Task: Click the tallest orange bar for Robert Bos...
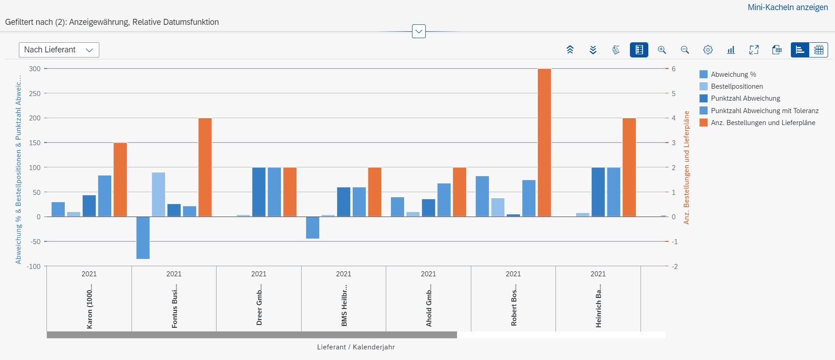[x=544, y=143]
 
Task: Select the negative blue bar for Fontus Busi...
[x=143, y=238]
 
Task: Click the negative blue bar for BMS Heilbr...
[x=313, y=228]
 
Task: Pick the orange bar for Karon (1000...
[x=120, y=180]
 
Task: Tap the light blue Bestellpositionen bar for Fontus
[x=159, y=194]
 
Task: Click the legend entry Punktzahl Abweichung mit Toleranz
[x=764, y=111]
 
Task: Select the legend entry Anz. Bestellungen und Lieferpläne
[x=762, y=123]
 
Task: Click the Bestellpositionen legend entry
[x=736, y=86]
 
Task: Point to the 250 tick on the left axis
[x=35, y=93]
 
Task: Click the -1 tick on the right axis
[x=674, y=242]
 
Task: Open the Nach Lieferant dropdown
[x=59, y=50]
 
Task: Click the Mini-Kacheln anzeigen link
[x=787, y=7]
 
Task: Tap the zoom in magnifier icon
[x=662, y=50]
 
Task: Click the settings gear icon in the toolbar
[x=708, y=50]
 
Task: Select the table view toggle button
[x=818, y=50]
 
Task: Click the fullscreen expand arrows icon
[x=754, y=50]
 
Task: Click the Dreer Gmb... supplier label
[x=259, y=304]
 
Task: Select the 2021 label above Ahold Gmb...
[x=428, y=274]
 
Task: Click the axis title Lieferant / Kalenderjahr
[x=355, y=347]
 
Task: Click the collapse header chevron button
[x=418, y=31]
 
